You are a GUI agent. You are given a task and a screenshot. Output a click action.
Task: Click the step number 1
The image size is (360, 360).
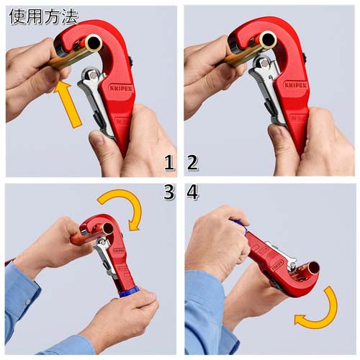(x=169, y=163)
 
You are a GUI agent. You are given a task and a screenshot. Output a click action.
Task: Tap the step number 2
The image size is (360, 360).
(x=192, y=163)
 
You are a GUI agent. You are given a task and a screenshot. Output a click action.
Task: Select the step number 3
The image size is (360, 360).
(x=169, y=193)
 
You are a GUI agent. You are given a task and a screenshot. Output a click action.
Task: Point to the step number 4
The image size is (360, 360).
(x=192, y=193)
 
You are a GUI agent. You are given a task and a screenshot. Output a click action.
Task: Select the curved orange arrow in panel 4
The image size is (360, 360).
(x=317, y=311)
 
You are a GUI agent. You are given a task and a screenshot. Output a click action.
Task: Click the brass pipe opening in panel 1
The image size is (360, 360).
(x=93, y=44)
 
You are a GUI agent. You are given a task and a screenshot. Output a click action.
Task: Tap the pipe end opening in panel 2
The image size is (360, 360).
(x=268, y=40)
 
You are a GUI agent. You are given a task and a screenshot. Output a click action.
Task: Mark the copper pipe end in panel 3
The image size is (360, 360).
(x=77, y=238)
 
